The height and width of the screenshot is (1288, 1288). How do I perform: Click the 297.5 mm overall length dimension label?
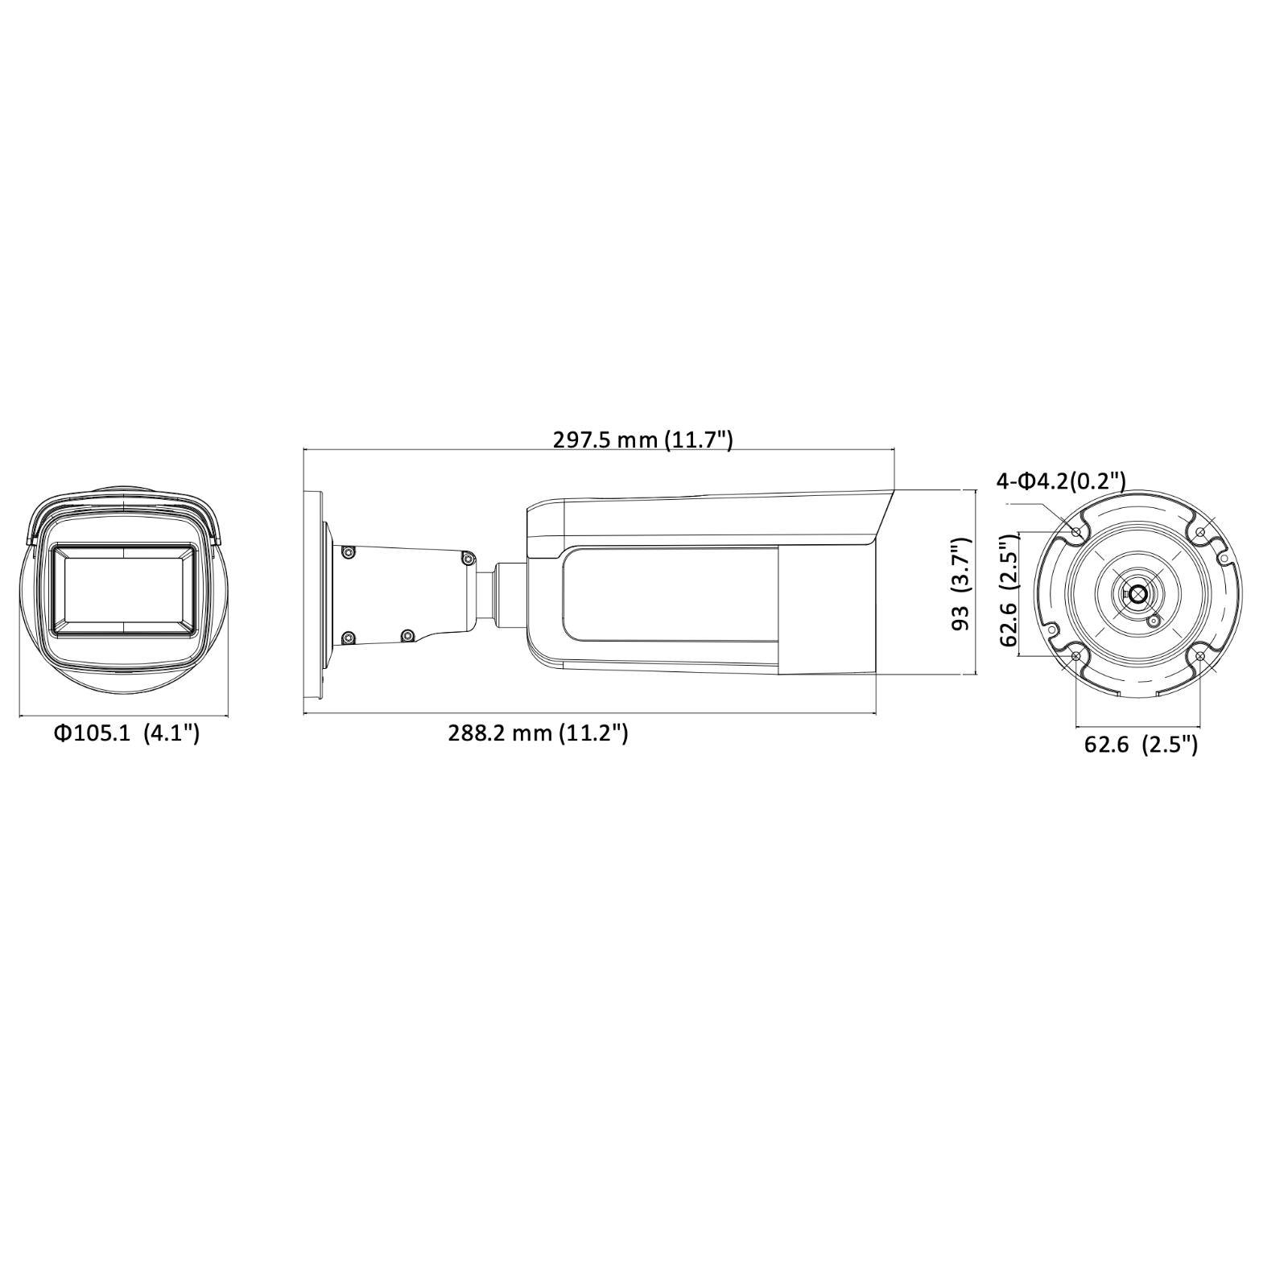642,440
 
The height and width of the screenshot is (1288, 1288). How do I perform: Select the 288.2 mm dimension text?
538,733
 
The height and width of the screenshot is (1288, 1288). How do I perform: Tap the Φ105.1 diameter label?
127,733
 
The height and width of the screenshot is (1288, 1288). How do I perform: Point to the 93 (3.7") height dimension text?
963,584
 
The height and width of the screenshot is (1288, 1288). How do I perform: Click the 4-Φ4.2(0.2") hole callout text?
1061,481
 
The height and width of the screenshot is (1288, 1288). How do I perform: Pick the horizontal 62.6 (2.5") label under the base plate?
1141,744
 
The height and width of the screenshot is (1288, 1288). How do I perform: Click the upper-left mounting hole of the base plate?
1077,531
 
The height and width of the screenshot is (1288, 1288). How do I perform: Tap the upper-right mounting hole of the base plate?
1200,531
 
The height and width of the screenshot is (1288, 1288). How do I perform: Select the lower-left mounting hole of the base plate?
1076,657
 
